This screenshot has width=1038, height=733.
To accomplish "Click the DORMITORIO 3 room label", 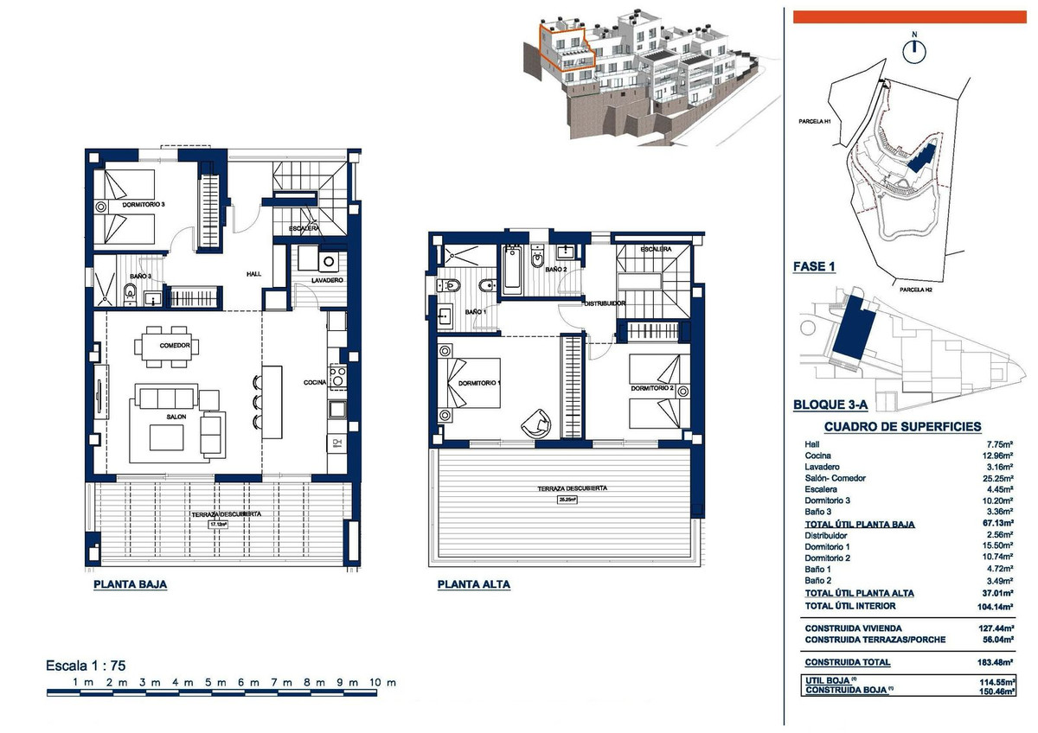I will tap(144, 204).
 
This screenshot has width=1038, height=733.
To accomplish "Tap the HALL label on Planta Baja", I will tap(253, 274).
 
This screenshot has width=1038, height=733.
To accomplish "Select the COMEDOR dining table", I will tap(165, 345).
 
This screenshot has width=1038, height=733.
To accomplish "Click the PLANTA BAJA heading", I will tap(130, 584).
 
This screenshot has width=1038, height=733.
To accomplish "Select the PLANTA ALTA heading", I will tap(473, 584).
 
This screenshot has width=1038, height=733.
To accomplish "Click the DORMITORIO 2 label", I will tap(652, 388).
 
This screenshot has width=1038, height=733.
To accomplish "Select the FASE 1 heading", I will tap(814, 267).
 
